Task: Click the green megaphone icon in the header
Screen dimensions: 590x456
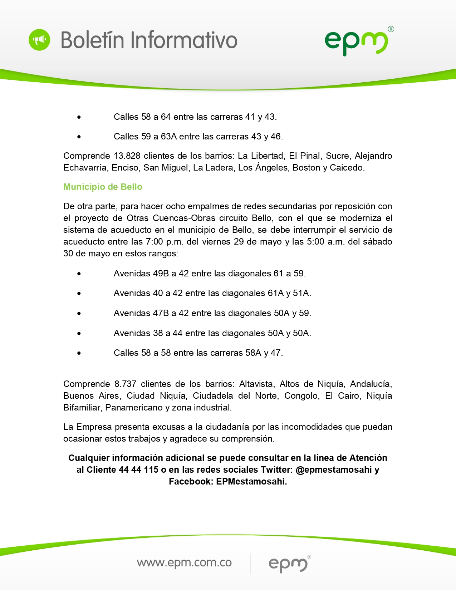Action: point(39,40)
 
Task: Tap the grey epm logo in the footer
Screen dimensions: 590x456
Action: point(288,564)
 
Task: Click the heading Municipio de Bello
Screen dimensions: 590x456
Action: point(103,187)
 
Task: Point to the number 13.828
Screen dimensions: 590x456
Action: point(127,156)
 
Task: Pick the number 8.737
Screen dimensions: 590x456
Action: point(125,384)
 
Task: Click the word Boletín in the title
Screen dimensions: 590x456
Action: point(93,40)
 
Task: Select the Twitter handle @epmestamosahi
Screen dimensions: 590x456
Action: point(334,470)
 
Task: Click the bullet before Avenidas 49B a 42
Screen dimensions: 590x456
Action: point(79,274)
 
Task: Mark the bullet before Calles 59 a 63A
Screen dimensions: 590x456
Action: point(79,137)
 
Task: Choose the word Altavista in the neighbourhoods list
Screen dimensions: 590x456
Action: point(256,384)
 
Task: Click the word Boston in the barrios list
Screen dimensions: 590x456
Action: point(306,168)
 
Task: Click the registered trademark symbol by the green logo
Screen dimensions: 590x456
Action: point(391,29)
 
